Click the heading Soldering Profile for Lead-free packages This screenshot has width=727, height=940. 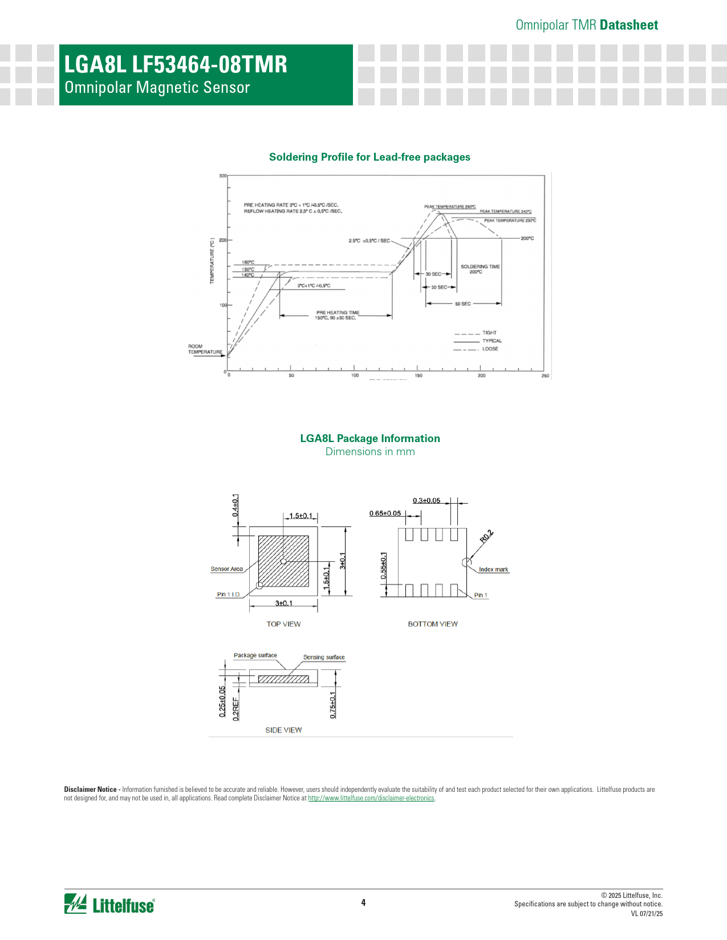(369, 157)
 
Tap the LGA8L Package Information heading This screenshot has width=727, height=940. (370, 439)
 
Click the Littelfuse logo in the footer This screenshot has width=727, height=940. (109, 904)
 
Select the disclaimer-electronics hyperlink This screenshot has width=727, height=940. (371, 798)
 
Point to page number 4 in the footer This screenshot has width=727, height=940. (363, 902)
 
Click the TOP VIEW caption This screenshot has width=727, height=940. (283, 624)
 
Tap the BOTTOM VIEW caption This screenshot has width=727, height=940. (433, 624)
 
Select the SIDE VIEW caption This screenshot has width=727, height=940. (283, 730)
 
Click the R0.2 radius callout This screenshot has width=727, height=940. (486, 536)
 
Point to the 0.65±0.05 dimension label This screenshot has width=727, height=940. (385, 513)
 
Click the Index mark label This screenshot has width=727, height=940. (493, 570)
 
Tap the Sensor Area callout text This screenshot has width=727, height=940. (226, 569)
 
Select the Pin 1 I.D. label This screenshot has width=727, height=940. (228, 595)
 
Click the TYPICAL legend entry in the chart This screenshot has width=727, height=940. (492, 341)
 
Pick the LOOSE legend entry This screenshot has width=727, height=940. (490, 349)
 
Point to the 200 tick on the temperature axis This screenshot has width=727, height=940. (223, 240)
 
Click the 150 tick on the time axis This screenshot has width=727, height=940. (419, 376)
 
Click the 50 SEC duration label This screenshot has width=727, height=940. (463, 304)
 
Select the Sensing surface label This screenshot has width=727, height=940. (324, 657)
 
